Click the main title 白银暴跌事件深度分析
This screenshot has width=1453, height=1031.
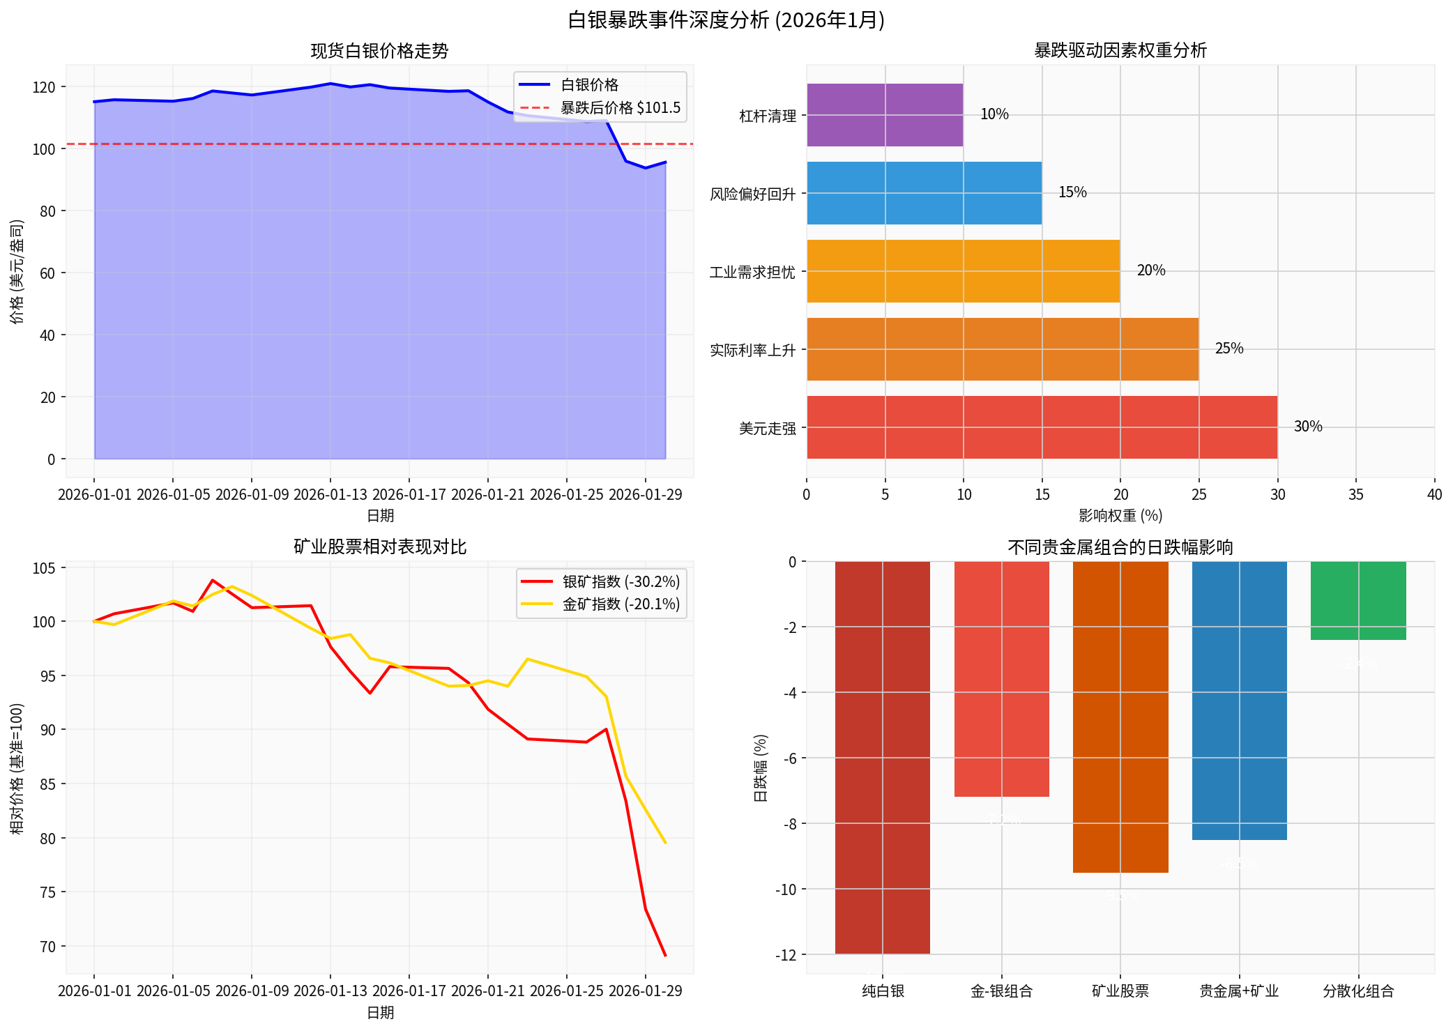(726, 20)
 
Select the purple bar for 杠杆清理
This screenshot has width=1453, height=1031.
(885, 115)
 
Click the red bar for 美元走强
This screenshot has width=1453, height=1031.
(1042, 427)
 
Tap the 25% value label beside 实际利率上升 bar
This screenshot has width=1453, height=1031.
(1228, 349)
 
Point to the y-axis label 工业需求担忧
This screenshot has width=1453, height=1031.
(752, 272)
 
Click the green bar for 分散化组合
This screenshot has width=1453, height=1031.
(1358, 600)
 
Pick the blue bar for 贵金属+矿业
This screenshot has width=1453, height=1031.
(1239, 700)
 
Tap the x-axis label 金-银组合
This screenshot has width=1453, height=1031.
(1001, 991)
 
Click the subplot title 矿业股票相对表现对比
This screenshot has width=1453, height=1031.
(379, 547)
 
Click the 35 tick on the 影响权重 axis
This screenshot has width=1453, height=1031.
(1355, 494)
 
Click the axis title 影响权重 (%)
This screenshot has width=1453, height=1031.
(1120, 515)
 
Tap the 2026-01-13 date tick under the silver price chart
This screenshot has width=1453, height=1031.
(330, 494)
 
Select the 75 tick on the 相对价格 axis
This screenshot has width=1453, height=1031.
(47, 892)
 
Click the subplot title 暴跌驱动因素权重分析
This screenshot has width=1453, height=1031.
(1120, 50)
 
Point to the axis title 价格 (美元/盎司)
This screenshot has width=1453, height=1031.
(17, 271)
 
